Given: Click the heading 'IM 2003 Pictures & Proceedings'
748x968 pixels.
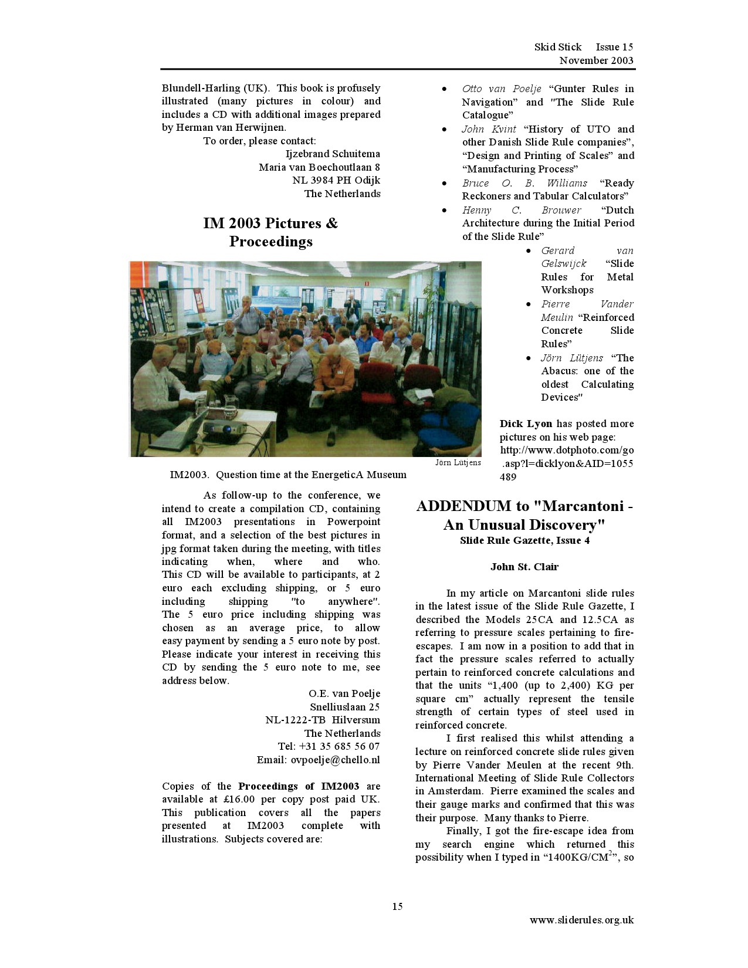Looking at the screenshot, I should [270, 232].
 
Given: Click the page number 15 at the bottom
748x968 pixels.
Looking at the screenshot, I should [397, 906].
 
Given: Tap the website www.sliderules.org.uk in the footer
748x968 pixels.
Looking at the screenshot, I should [581, 920].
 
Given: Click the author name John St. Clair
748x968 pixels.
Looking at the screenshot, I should [524, 567].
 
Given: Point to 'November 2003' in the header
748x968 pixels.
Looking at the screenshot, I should [596, 60].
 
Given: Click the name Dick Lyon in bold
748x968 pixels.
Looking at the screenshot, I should [526, 424].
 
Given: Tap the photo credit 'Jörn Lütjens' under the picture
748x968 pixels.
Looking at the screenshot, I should [458, 462].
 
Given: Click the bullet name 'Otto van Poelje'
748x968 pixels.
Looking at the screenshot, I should [502, 89].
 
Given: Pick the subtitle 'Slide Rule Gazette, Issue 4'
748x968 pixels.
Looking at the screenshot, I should [524, 540].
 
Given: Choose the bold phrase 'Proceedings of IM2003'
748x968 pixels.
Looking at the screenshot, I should [299, 786].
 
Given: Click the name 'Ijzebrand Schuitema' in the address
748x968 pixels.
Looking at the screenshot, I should [333, 154].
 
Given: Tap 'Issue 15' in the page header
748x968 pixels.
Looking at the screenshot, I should [614, 47].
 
